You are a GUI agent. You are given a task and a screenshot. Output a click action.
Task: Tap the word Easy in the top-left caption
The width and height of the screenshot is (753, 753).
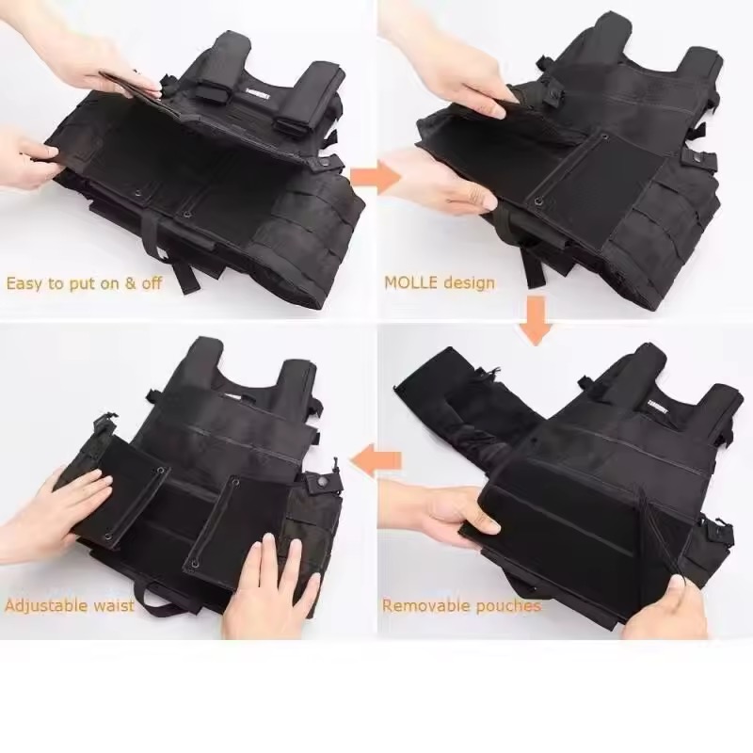[x=24, y=283]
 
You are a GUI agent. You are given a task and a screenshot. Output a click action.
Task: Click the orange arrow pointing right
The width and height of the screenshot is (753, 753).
[x=376, y=178]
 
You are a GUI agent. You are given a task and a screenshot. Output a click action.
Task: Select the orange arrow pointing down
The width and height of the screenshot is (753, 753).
[x=536, y=320]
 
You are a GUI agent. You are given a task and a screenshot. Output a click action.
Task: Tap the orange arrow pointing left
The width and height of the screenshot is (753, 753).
[x=375, y=462]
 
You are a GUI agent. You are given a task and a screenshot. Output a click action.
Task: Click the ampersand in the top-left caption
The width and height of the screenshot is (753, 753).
[x=130, y=283]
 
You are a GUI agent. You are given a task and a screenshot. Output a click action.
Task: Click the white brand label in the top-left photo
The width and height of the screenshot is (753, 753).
[x=258, y=95]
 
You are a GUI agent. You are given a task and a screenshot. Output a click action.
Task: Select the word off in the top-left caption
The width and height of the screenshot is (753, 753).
[x=152, y=282]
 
